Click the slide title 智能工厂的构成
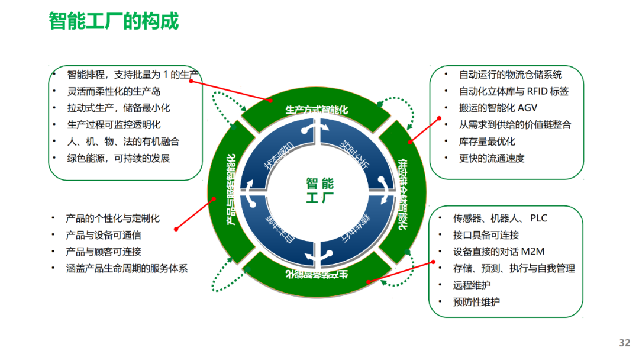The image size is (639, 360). pyautogui.click(x=114, y=22)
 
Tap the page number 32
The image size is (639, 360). pyautogui.click(x=624, y=343)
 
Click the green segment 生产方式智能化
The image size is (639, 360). pyautogui.click(x=317, y=110)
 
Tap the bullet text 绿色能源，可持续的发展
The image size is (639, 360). pyautogui.click(x=118, y=158)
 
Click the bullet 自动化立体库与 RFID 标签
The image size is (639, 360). pyautogui.click(x=514, y=91)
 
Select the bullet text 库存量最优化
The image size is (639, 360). pyautogui.click(x=487, y=142)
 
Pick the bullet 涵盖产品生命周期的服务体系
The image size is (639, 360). pyautogui.click(x=127, y=268)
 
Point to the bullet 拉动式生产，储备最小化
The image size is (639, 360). pyautogui.click(x=118, y=108)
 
